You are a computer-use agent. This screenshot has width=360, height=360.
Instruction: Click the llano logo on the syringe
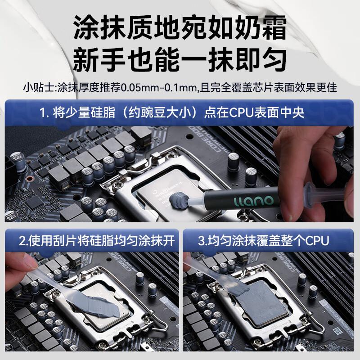[x=253, y=201]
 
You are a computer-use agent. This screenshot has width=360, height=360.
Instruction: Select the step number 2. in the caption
[x=24, y=241]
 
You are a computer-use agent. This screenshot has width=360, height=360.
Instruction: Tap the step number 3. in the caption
[x=202, y=241]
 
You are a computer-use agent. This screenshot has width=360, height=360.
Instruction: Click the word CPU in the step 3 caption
[x=317, y=241]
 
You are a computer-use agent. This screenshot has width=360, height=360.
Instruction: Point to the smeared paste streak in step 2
[x=96, y=306]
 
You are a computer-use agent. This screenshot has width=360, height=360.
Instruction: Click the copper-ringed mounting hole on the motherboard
[x=29, y=179]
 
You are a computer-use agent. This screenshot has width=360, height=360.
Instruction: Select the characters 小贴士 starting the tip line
[x=38, y=87]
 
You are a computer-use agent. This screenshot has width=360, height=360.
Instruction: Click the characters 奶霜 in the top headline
[x=260, y=27]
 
